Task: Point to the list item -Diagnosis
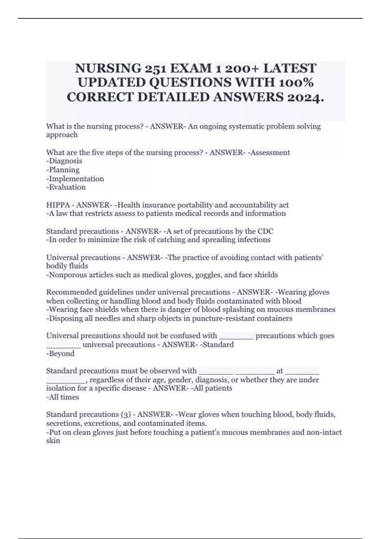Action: [64, 161]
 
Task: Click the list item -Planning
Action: [63, 170]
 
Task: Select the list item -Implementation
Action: [75, 179]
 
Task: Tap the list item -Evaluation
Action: [66, 187]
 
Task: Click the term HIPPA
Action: [58, 205]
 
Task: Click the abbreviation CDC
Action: [265, 231]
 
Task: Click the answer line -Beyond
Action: [60, 354]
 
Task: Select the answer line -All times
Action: [63, 397]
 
